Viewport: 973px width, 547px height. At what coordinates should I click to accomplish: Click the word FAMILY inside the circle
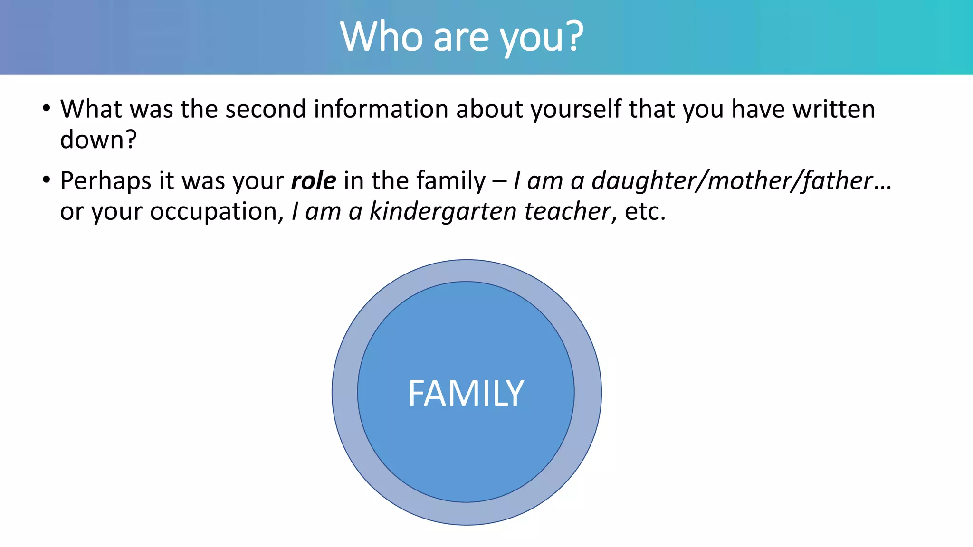(x=466, y=394)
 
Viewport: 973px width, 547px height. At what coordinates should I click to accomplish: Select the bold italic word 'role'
(x=314, y=181)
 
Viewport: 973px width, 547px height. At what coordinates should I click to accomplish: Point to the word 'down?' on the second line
(x=98, y=140)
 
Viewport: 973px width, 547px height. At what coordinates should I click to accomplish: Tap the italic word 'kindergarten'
(x=443, y=211)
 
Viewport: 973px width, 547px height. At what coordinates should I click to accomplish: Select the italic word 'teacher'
(x=567, y=211)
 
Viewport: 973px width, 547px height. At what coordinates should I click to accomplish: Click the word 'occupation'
(x=216, y=212)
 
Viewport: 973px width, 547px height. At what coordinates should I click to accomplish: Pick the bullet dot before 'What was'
(x=46, y=109)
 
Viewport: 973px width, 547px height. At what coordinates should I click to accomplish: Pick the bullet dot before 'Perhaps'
(x=46, y=180)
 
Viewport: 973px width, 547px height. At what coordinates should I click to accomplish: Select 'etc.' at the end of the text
(x=645, y=211)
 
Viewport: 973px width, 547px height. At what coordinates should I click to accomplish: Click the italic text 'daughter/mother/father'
(x=732, y=181)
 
